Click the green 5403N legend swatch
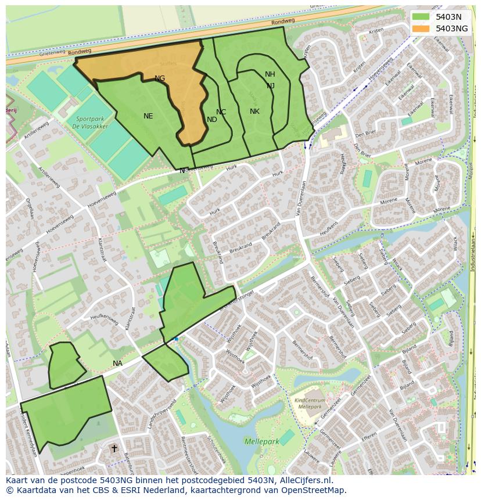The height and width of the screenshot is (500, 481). [x=421, y=17]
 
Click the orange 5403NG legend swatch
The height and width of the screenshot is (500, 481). [x=421, y=28]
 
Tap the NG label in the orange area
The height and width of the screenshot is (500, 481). [x=160, y=78]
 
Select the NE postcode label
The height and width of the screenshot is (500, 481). [x=148, y=116]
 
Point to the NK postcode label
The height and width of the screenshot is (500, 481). [x=254, y=111]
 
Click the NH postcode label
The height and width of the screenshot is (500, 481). [x=270, y=74]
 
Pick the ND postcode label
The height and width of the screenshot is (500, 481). [x=212, y=120]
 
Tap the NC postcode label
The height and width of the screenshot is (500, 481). [x=221, y=112]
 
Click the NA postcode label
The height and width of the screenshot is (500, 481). [x=118, y=364]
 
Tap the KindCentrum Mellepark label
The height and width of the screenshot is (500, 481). [x=310, y=404]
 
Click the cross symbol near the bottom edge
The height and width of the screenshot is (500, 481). [x=114, y=448]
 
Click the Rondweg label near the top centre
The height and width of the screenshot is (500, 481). [x=283, y=21]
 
